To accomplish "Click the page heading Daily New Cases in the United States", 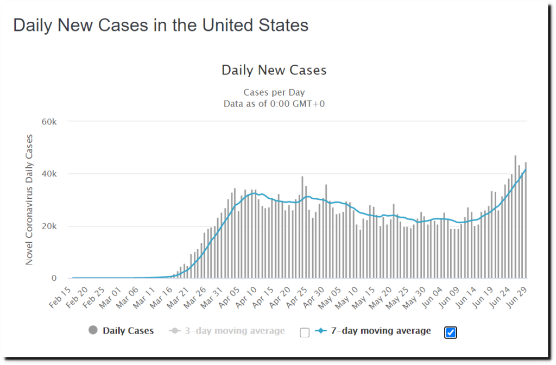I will [x=161, y=25].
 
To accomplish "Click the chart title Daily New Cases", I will [x=274, y=70].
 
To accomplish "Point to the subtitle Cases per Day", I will [x=274, y=92].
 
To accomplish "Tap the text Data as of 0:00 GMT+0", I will [x=274, y=103].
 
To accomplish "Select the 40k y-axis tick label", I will [x=49, y=174].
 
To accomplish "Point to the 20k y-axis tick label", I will [x=49, y=226].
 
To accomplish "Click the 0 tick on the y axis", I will [x=54, y=278].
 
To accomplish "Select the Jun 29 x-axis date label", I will [x=519, y=297].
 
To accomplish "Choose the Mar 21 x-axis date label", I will [x=182, y=297].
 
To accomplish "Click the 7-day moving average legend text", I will [x=381, y=331].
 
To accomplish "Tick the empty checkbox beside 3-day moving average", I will [x=305, y=332].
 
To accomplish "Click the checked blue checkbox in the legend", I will [x=450, y=332].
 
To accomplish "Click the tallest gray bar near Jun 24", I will [x=515, y=217].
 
